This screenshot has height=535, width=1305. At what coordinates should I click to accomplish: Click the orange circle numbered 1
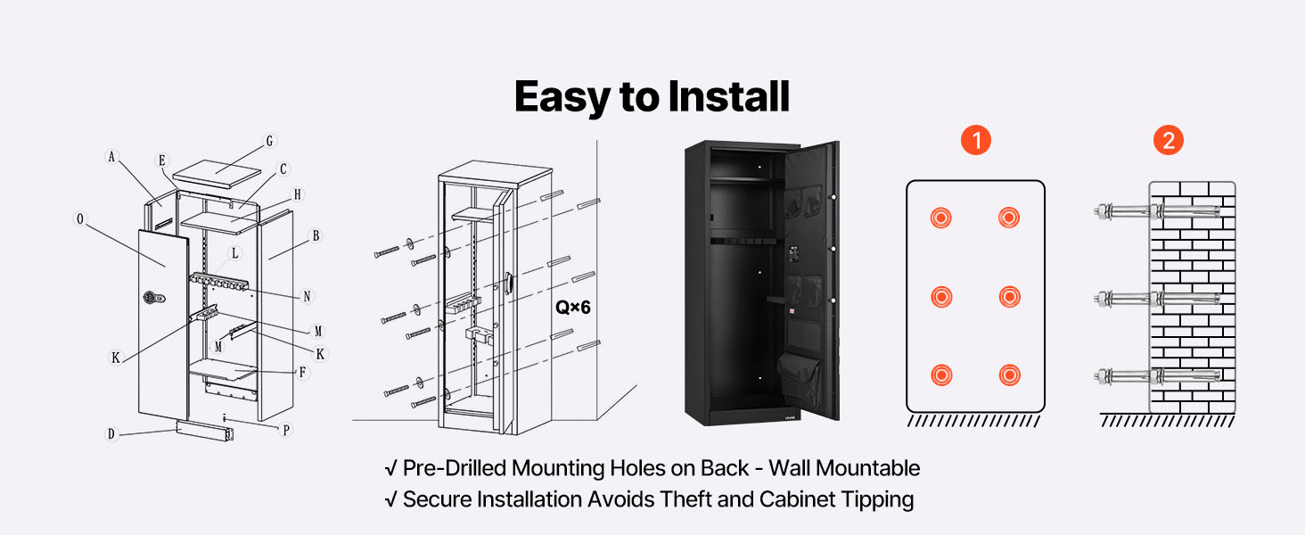point(976,140)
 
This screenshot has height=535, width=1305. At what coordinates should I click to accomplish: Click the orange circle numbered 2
point(1169,140)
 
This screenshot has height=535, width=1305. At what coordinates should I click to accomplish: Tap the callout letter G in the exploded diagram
point(270,141)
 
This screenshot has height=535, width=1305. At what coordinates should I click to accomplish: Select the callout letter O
point(82,218)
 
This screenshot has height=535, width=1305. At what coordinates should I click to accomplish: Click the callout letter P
point(286,430)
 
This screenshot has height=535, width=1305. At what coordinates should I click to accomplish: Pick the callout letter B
point(315,236)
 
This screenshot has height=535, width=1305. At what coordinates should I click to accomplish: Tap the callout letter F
point(304,372)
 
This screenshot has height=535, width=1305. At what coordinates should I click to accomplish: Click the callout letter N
point(308,295)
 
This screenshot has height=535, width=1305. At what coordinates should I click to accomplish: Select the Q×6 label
point(573,307)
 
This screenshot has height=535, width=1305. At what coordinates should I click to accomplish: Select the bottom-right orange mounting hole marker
point(1009,374)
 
